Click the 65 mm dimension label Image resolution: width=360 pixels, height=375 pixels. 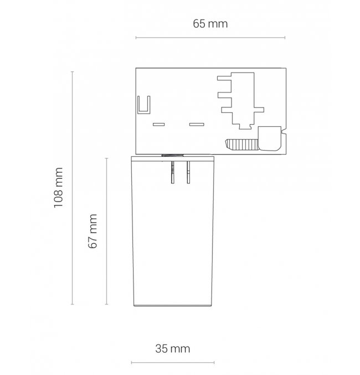coord(210,24)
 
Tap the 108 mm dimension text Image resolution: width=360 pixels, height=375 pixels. coord(58,188)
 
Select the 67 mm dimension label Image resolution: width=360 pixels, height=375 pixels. coord(93,232)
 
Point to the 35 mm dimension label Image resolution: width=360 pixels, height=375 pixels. coord(173,349)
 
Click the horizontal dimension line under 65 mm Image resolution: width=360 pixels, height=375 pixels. coord(210,38)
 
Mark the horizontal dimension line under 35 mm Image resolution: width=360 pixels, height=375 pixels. coord(173,363)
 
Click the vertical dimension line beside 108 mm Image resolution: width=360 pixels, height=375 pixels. coord(72,188)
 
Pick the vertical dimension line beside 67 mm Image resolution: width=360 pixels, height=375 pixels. coord(107,232)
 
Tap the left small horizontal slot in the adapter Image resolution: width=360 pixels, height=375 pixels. coord(158,125)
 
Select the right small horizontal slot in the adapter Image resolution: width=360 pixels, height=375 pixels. coord(197,125)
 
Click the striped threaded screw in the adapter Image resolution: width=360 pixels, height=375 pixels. coord(241,145)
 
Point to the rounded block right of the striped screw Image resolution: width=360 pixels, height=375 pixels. coord(270,138)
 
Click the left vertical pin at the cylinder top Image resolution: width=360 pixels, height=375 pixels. coord(173,172)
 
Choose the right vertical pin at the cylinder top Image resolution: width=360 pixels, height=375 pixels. coord(188,172)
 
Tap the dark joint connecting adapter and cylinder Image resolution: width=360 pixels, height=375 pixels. coord(173,155)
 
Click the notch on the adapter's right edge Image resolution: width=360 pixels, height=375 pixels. coord(284,132)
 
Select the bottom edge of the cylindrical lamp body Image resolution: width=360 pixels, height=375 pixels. coord(173,306)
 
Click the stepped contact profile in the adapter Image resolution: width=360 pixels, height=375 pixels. coord(240,101)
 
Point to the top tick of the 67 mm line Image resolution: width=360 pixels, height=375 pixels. coord(107,158)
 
